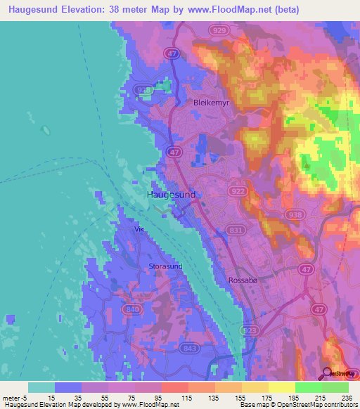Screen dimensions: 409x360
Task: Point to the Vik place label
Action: [x=139, y=229]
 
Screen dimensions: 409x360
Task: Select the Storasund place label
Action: [x=165, y=267]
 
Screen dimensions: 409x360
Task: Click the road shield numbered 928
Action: [x=143, y=90]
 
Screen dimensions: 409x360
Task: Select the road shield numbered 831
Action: [x=237, y=229]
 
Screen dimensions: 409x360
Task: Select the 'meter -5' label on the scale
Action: [x=13, y=398]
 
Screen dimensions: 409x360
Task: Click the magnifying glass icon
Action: [x=327, y=373]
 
